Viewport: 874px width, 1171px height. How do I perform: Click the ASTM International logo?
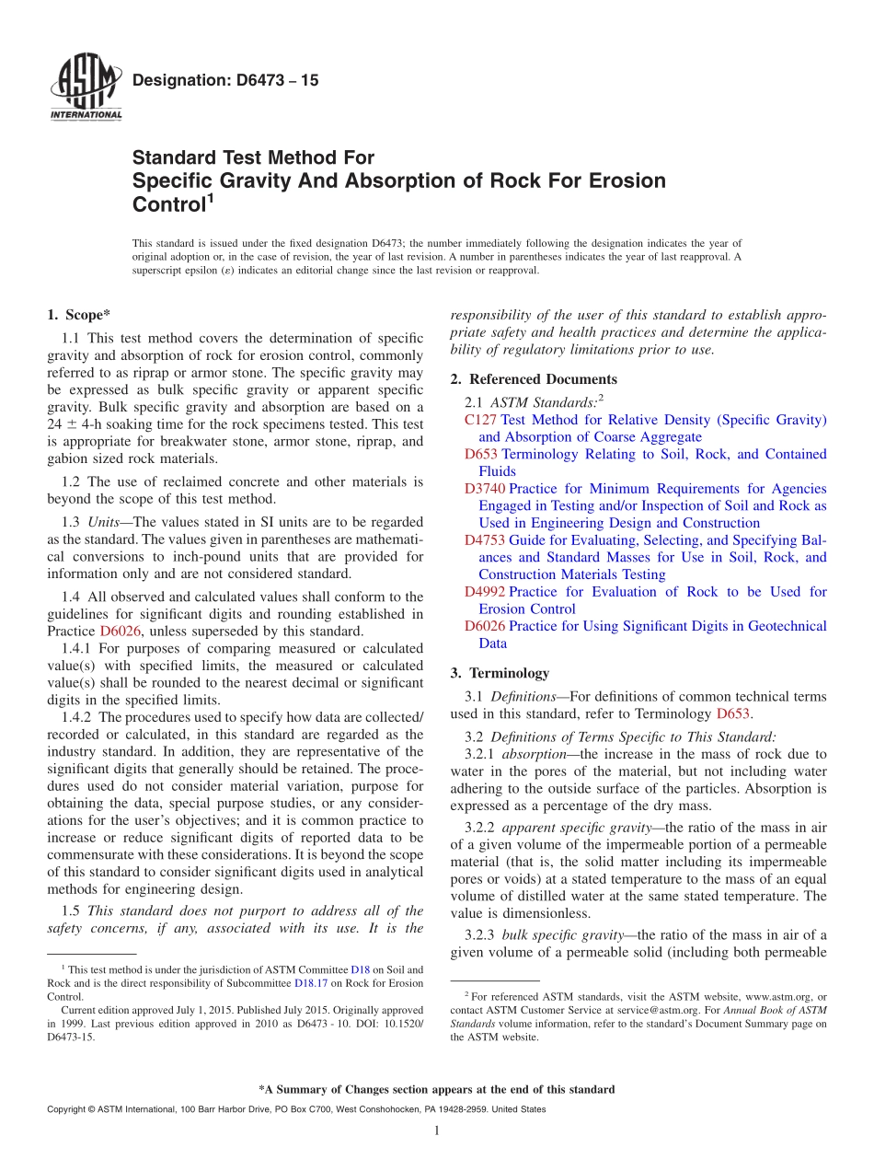pos(85,89)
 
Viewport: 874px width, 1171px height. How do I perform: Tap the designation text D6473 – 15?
pos(225,81)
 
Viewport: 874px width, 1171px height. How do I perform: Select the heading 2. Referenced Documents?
pos(534,379)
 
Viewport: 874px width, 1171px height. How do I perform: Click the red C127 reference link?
pos(480,420)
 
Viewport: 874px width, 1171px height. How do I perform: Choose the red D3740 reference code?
pos(485,489)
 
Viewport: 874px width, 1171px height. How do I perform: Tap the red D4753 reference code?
pos(485,540)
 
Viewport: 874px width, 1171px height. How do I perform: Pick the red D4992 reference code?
pos(485,592)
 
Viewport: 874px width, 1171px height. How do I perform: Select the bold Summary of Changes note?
pos(436,1089)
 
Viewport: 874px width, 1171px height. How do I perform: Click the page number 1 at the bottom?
pos(436,1131)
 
